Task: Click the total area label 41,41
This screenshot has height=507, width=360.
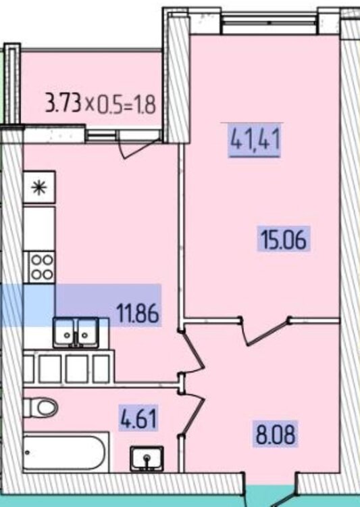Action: pyautogui.click(x=255, y=140)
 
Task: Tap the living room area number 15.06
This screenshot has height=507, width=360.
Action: pyautogui.click(x=284, y=239)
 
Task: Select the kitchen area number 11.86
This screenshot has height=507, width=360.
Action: pyautogui.click(x=138, y=314)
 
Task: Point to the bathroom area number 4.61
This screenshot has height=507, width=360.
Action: pyautogui.click(x=138, y=418)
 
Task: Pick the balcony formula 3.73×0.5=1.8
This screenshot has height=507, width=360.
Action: pyautogui.click(x=101, y=103)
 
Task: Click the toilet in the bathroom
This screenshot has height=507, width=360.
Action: pyautogui.click(x=41, y=407)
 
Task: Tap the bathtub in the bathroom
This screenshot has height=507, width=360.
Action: pyautogui.click(x=66, y=453)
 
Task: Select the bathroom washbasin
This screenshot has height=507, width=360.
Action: pyautogui.click(x=147, y=458)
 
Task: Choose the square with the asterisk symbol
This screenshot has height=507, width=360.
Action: pyautogui.click(x=39, y=187)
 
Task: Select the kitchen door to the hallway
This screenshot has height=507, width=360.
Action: pyautogui.click(x=192, y=353)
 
